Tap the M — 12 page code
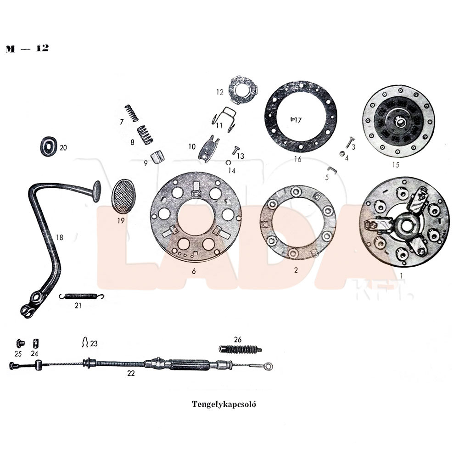[28, 49]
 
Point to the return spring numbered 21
[82, 296]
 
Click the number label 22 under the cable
[131, 373]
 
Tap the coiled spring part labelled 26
[240, 350]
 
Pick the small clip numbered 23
[85, 342]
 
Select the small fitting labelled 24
[34, 343]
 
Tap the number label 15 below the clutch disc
[396, 164]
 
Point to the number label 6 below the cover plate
[194, 271]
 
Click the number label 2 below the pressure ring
[296, 270]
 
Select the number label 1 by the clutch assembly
[402, 275]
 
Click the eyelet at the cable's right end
[269, 366]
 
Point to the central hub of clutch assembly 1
[405, 225]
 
